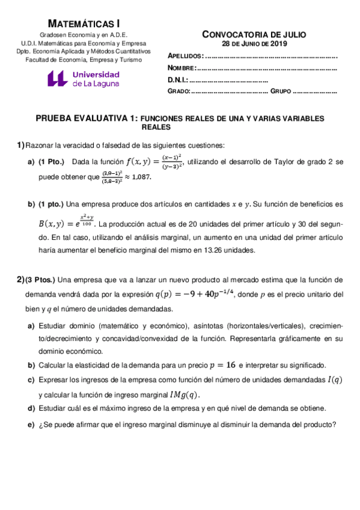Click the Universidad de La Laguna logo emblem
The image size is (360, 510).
(x=58, y=79)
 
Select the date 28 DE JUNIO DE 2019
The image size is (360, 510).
(x=254, y=43)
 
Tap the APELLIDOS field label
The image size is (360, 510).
(x=185, y=56)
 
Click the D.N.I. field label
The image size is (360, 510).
(x=178, y=80)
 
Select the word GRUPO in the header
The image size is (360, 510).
(x=281, y=92)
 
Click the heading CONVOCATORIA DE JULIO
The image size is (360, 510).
(x=254, y=34)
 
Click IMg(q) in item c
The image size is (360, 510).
(x=183, y=395)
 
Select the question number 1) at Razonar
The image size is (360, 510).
(x=20, y=145)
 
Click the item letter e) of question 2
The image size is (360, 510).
(x=31, y=423)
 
